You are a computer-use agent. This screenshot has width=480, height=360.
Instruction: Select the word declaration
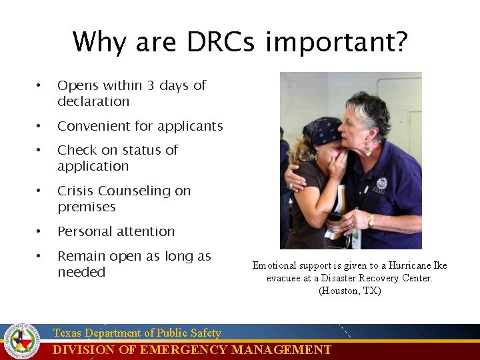pyautogui.click(x=93, y=101)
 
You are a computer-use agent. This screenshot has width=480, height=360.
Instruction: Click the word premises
pyautogui.click(x=86, y=207)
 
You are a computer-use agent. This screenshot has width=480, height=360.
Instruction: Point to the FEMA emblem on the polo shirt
pyautogui.click(x=381, y=184)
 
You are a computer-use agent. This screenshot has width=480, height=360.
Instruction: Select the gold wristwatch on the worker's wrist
pyautogui.click(x=371, y=220)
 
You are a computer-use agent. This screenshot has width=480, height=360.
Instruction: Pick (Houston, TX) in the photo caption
pyautogui.click(x=349, y=291)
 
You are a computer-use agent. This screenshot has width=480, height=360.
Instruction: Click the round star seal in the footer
pyautogui.click(x=22, y=341)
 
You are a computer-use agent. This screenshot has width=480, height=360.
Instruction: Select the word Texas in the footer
pyautogui.click(x=67, y=333)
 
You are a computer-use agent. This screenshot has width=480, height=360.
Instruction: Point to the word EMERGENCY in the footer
pyautogui.click(x=191, y=350)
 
